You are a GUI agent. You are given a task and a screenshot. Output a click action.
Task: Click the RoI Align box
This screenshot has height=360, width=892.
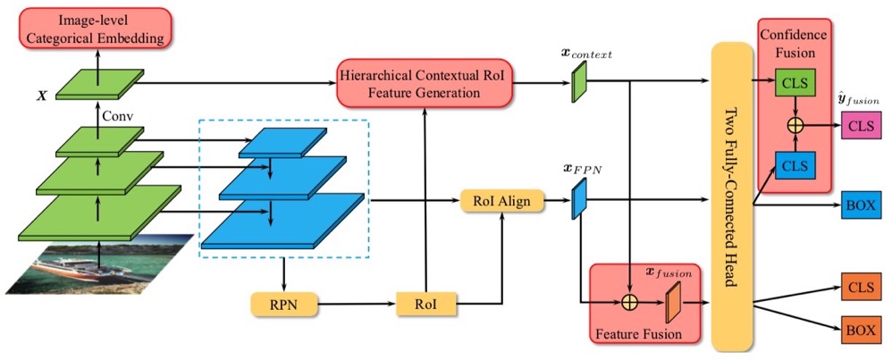coord(501,202)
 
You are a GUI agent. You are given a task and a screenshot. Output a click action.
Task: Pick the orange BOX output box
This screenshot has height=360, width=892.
coord(862,329)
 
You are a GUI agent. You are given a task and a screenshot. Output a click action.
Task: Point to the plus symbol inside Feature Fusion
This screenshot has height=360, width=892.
coord(631,302)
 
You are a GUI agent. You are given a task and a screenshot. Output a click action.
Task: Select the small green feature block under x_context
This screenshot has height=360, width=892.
coord(578,87)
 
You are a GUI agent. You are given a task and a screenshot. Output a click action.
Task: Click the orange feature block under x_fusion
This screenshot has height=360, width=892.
coord(673,300)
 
